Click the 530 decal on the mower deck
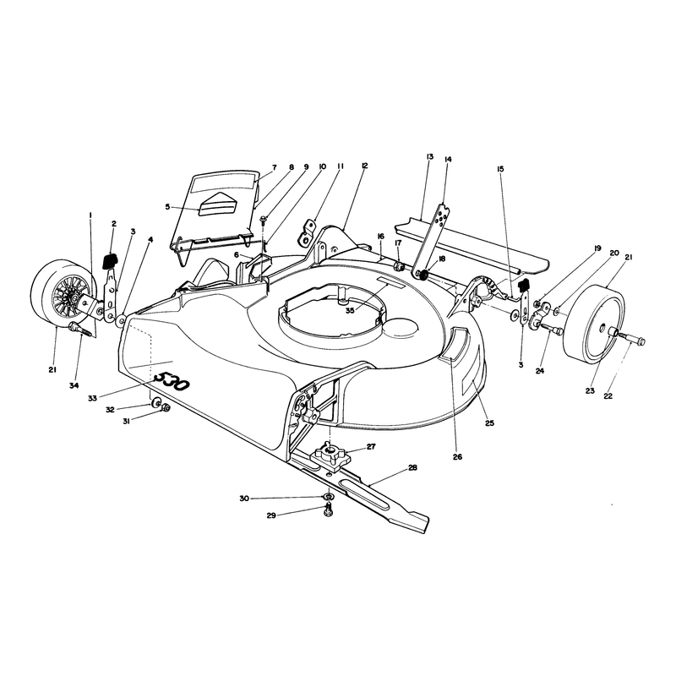coord(172,381)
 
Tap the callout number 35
coord(350,310)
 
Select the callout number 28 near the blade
coord(412,468)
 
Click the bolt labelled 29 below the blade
coord(328,512)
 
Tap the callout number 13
coord(429,156)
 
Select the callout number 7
coord(275,167)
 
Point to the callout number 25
coord(489,423)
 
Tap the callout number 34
coord(74,386)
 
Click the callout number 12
coord(365,166)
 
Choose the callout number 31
coord(126,421)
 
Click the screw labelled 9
coord(263,221)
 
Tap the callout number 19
coord(597,248)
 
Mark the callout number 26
coord(457,456)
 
